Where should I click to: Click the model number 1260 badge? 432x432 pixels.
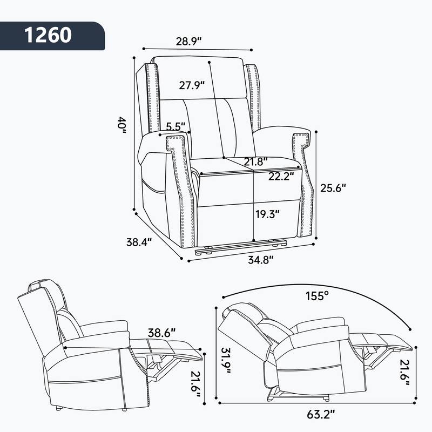coord(48,35)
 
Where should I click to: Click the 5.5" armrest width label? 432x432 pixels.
coord(175,127)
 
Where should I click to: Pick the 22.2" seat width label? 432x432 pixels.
coord(280,175)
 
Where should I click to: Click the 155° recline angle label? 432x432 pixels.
coord(316,295)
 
